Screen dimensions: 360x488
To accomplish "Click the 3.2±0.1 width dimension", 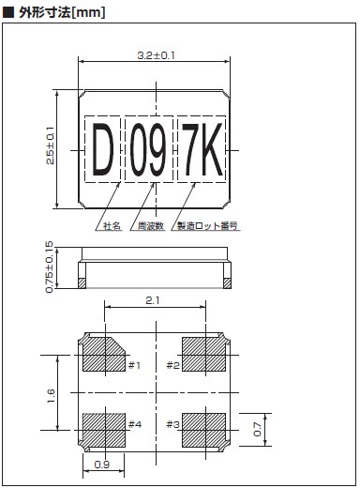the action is coord(156,55).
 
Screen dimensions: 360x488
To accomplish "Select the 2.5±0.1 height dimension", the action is coord(50,145).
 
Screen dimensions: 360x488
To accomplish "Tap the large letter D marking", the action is coord(103,149).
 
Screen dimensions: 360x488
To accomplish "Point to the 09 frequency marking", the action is coord(148,149).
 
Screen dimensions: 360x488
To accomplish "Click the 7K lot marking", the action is coord(202,149).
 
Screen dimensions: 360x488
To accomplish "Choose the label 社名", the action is coord(112,226).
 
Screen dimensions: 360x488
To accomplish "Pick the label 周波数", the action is coord(151,226).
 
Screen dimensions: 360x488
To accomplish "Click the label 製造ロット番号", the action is coord(207,226).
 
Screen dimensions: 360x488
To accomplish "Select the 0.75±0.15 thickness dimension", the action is coord(50,267).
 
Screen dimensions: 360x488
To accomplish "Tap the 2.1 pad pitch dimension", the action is coord(153,300).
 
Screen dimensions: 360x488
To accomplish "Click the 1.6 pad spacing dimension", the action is coord(51,396).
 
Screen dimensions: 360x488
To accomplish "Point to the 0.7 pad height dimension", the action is coord(257,429).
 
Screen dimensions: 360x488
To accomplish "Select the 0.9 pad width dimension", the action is coord(102,465).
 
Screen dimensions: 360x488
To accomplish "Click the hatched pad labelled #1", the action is coord(103,355).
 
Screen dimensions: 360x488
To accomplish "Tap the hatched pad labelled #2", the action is coord(203,355).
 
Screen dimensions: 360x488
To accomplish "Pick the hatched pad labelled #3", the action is coord(203,430).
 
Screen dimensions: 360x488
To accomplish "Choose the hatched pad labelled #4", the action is coord(104,430).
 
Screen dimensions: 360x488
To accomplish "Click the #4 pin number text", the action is coord(135,424).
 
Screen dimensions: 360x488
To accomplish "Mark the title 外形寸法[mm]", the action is coord(62,12).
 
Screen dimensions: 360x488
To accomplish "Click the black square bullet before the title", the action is coord(8,12).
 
